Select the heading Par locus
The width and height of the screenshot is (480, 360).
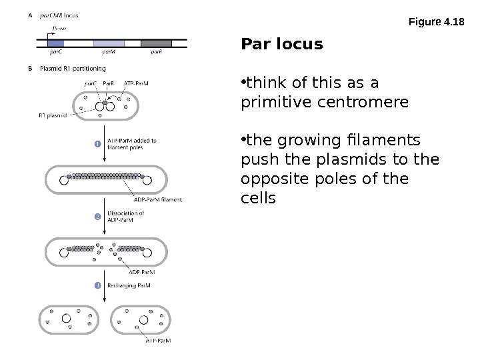[x=281, y=45]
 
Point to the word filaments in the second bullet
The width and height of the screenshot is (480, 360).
[x=382, y=141]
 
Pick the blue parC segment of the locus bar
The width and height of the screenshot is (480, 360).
[x=56, y=43]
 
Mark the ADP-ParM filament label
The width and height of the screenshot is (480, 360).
[x=157, y=199]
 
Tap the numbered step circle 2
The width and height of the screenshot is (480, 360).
[x=97, y=217]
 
